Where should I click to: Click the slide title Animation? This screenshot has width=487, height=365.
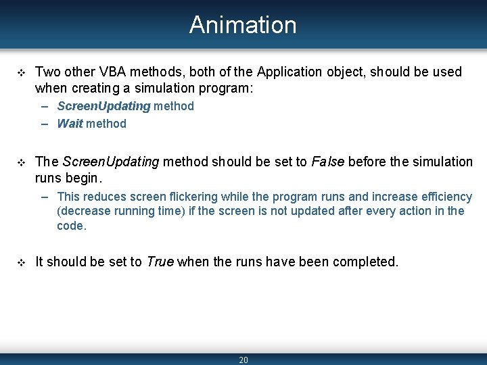243,25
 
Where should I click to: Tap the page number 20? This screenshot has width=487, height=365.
243,360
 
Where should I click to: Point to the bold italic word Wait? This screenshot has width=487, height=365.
70,124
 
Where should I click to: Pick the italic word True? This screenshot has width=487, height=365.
160,262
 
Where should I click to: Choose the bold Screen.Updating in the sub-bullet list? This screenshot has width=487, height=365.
103,106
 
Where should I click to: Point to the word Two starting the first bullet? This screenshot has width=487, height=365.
47,72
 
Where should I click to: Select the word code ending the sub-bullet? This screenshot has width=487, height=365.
70,226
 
